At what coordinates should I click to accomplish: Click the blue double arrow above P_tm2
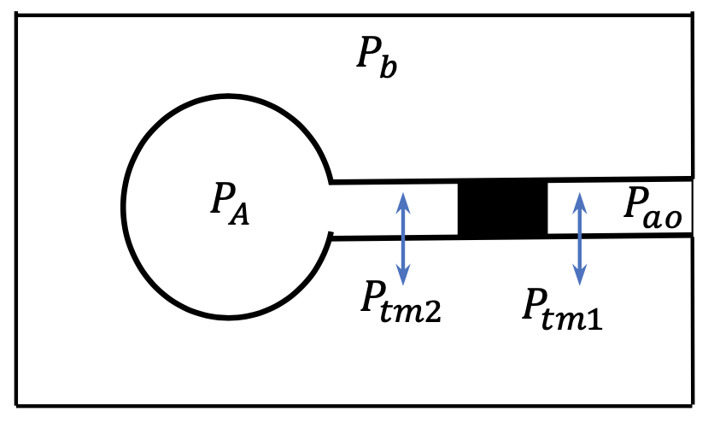point(405,238)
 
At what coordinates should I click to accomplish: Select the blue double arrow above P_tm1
point(581,238)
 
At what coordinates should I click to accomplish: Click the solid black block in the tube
point(503,209)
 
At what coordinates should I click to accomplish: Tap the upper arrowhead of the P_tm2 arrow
point(405,198)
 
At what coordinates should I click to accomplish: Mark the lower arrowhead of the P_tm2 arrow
point(405,278)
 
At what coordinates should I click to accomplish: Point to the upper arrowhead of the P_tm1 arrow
point(581,198)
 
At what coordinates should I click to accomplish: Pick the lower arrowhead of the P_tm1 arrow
point(581,278)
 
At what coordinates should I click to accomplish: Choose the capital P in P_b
point(366,56)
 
